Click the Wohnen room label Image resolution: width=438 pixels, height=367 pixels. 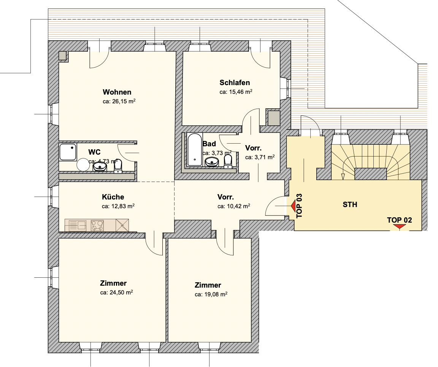[x=117, y=92]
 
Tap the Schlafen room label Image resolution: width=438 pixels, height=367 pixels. [x=235, y=82]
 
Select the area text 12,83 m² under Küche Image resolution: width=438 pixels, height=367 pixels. [x=118, y=206]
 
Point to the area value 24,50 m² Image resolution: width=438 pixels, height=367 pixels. [x=116, y=293]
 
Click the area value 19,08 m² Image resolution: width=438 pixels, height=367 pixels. [x=211, y=294]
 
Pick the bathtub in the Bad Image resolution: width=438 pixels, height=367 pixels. [x=194, y=150]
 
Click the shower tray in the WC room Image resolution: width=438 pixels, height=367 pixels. [x=68, y=152]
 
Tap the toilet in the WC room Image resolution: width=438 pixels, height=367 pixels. [x=118, y=168]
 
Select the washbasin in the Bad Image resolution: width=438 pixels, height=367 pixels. [x=212, y=161]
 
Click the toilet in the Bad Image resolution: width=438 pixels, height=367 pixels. [x=228, y=161]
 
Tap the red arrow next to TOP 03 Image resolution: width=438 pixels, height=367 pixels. [x=293, y=206]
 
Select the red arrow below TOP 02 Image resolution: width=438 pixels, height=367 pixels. [x=400, y=226]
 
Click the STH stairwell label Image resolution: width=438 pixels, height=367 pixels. [x=350, y=204]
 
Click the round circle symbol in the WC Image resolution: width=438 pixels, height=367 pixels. [x=83, y=165]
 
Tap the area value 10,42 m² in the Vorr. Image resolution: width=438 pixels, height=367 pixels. [x=234, y=206]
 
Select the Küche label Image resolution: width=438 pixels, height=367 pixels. [x=113, y=197]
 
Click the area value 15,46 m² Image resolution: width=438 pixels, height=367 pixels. [x=236, y=92]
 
